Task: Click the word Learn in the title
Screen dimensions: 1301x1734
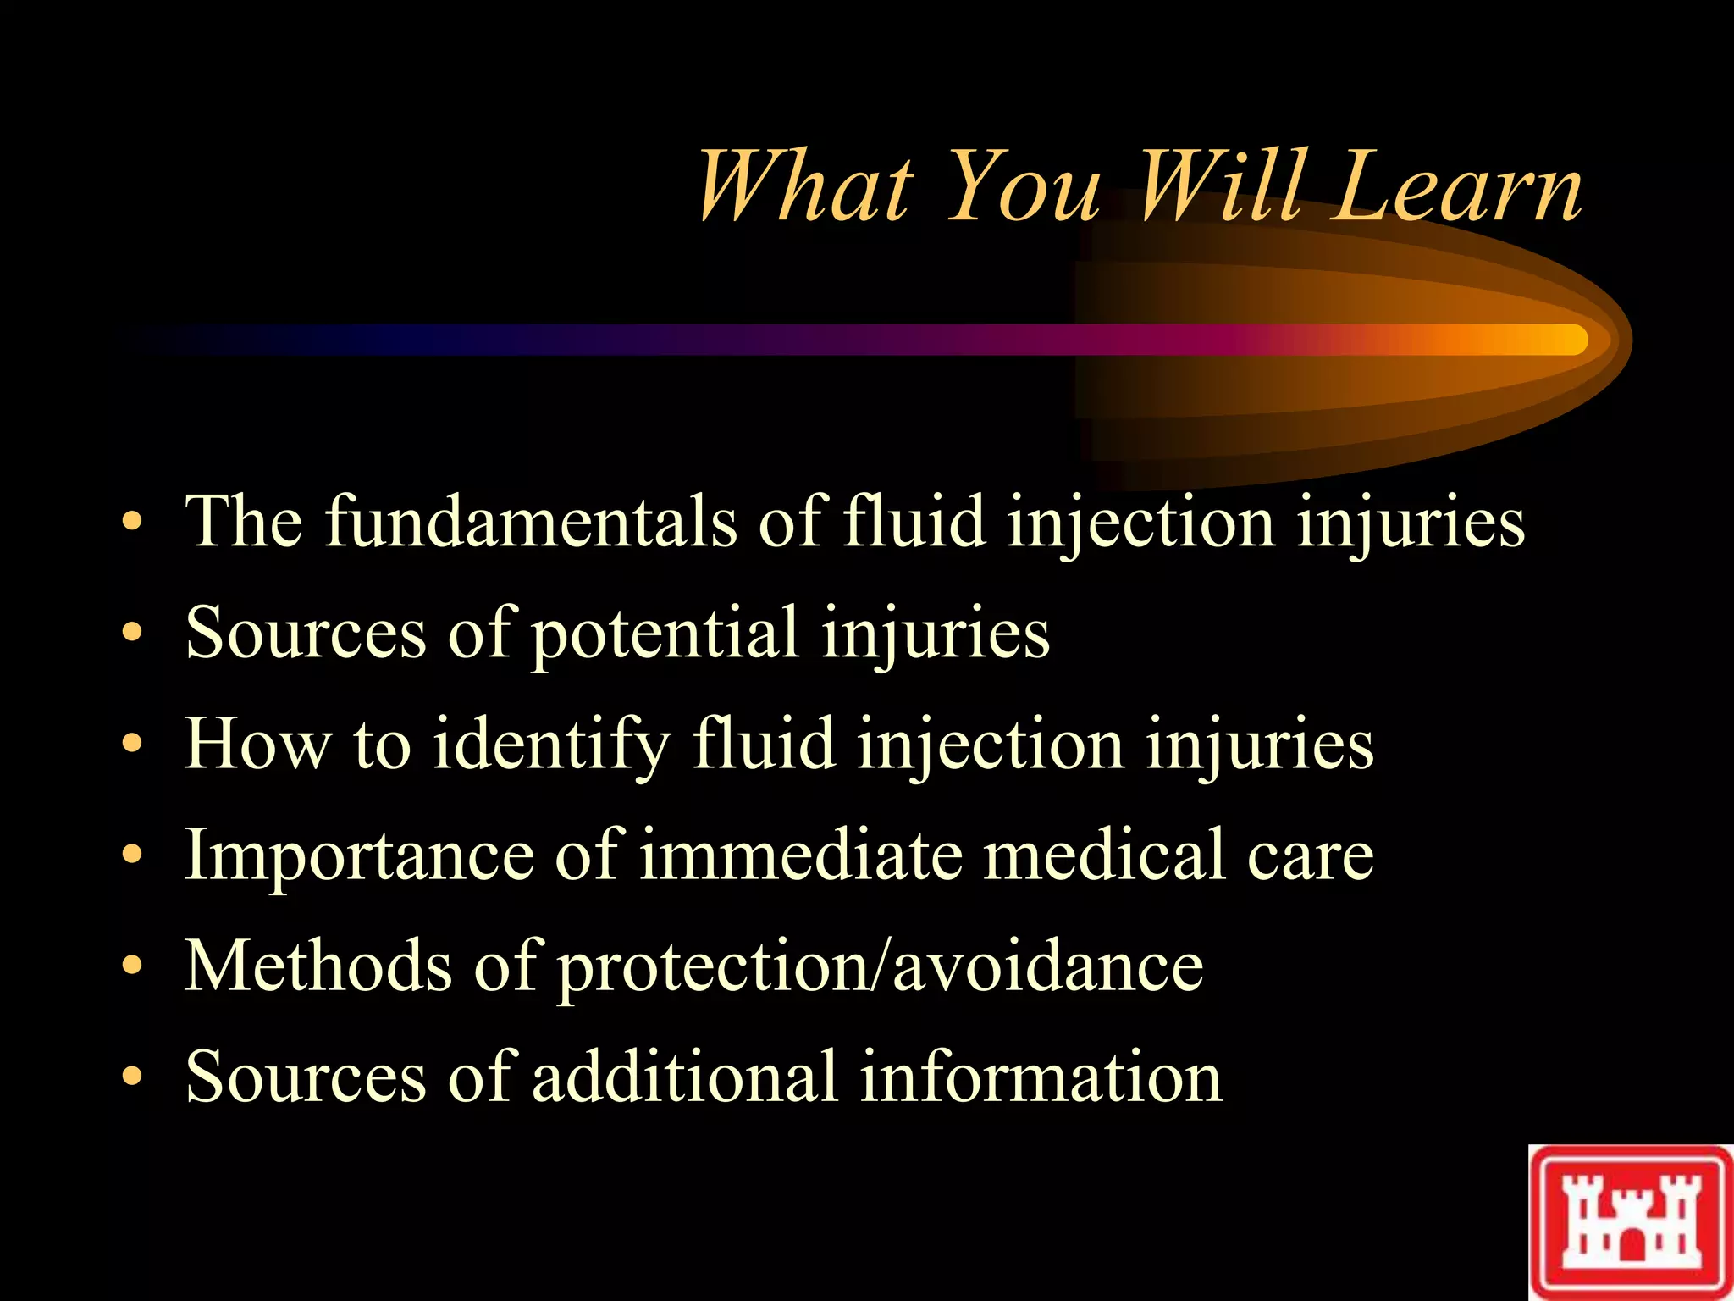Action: pos(1456,188)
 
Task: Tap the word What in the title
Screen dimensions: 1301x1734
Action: pos(804,188)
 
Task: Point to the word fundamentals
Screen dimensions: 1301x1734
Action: pos(531,521)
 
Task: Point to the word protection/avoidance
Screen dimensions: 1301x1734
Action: pos(881,967)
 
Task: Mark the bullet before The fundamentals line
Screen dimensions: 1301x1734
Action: pos(131,521)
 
